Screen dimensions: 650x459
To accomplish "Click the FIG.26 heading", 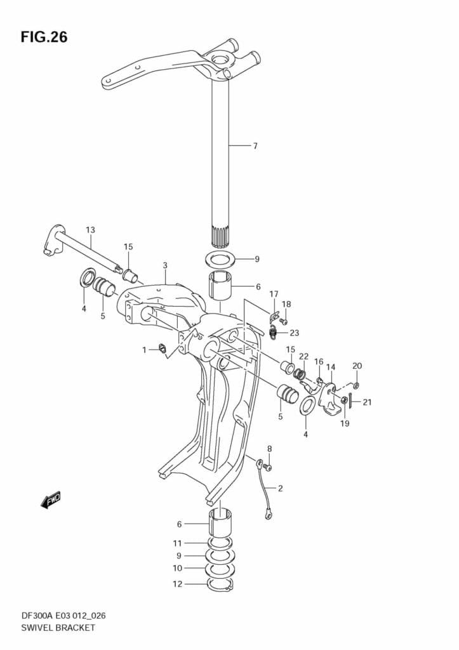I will tap(44, 37).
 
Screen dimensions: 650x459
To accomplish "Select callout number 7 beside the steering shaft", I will tap(255, 146).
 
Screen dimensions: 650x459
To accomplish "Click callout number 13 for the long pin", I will tap(90, 229).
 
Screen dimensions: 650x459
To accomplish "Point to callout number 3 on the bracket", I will tap(164, 265).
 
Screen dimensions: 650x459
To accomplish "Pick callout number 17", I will tap(274, 293).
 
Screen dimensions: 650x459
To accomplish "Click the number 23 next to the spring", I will tap(294, 333).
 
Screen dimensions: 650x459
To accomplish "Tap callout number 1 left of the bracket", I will tap(144, 350).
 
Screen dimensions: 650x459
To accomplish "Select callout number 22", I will tap(303, 356).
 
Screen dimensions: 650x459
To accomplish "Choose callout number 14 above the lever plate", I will tap(330, 367).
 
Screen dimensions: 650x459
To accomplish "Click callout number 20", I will tap(357, 366).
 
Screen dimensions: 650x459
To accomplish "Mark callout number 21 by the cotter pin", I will tap(367, 401).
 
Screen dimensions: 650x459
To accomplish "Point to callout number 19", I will tap(344, 423).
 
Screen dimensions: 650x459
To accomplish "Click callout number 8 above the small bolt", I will tap(269, 449).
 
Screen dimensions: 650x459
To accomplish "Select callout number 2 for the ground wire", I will tap(280, 488).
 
